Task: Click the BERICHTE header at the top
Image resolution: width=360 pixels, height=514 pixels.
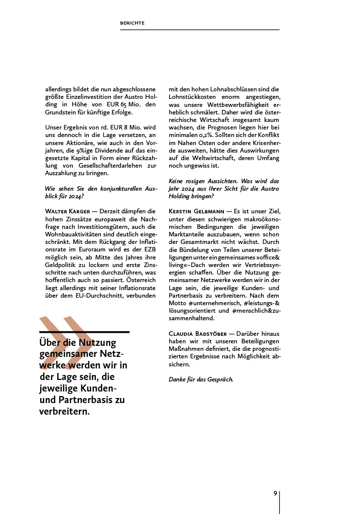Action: click(x=133, y=23)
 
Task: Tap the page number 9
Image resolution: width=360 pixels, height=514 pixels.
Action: click(x=275, y=493)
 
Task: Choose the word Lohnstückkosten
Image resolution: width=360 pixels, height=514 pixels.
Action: click(x=192, y=96)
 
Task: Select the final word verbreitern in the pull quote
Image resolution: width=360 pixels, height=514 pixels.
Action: click(x=64, y=411)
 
